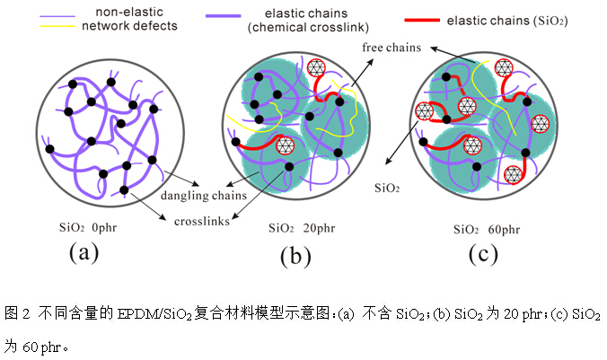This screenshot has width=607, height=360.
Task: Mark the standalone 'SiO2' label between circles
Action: point(386,189)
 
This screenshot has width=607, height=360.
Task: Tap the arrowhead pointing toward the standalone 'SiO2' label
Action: point(389,162)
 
